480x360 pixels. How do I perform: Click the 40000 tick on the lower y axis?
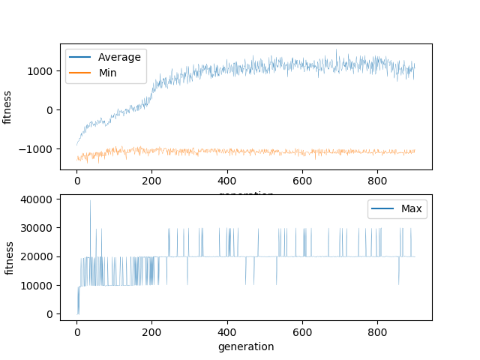[x=37, y=199]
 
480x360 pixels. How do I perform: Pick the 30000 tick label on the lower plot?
[x=37, y=228]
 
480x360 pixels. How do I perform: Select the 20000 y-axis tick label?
[x=37, y=256]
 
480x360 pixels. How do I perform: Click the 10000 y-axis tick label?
[x=37, y=285]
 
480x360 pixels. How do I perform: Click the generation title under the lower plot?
[x=246, y=346]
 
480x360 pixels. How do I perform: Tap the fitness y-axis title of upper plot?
[x=8, y=107]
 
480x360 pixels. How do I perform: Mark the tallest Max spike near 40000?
[x=90, y=200]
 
